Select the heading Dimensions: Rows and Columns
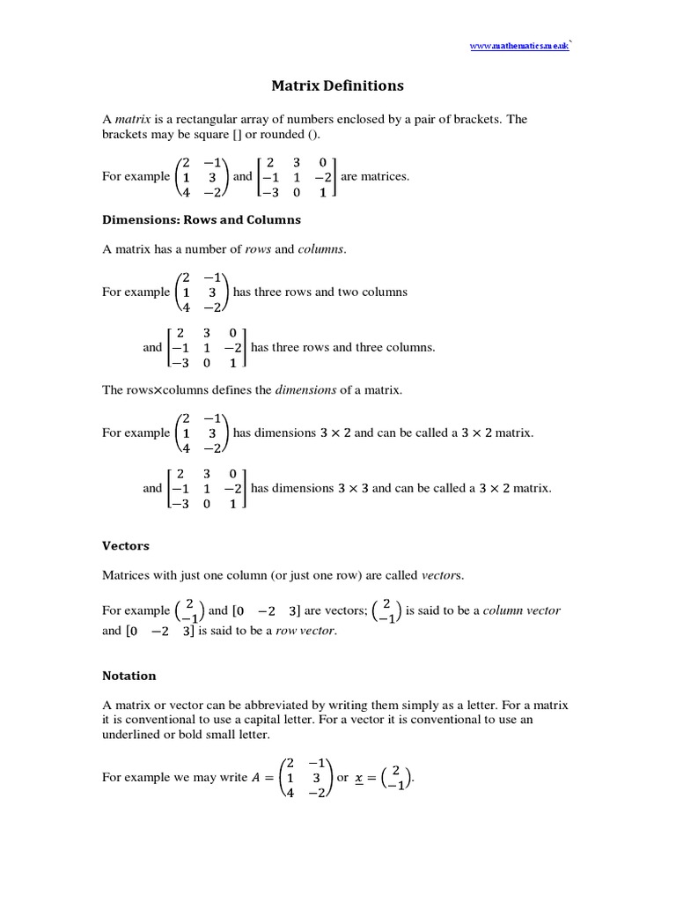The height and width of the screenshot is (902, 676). click(x=202, y=219)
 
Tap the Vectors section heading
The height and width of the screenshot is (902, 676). click(x=126, y=546)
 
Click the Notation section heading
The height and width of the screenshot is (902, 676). click(x=129, y=676)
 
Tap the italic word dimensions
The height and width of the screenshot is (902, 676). click(x=306, y=389)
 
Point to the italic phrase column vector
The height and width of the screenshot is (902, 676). click(x=522, y=610)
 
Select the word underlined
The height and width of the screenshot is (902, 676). click(x=132, y=735)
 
